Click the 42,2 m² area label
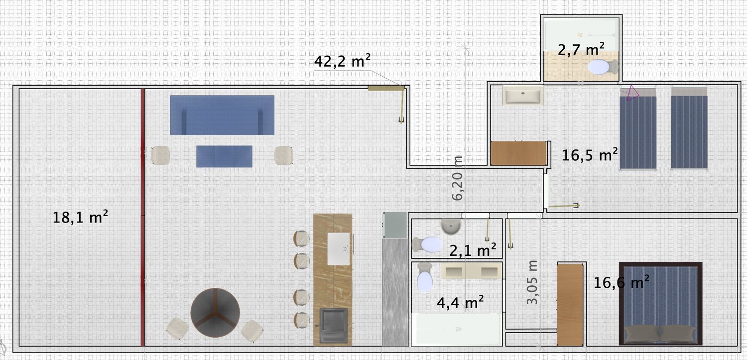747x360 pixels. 342,61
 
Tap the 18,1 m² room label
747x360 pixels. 80,217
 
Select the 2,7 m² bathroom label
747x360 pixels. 581,50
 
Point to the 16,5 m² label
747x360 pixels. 590,155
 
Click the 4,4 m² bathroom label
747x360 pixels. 460,303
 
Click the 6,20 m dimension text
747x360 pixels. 458,178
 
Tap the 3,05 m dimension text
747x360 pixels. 532,282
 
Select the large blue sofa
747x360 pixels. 222,115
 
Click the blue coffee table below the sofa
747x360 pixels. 224,156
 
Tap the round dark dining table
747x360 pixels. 215,313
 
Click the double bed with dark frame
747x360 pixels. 661,303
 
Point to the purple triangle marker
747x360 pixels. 632,93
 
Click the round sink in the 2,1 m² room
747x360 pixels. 451,227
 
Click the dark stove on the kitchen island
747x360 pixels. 334,326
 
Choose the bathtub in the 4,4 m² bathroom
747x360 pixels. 457,329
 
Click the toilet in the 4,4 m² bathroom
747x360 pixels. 424,277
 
